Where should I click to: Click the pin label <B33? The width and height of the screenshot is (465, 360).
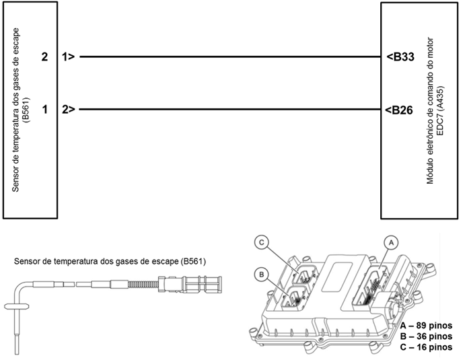[400, 57]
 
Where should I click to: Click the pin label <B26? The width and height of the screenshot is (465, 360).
[400, 108]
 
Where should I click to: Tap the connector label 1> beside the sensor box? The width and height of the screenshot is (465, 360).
[67, 57]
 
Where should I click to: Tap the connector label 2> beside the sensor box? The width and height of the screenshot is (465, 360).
[67, 108]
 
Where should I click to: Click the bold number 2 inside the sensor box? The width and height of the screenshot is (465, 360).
[44, 57]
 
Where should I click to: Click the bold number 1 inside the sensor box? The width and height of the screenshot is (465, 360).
[44, 108]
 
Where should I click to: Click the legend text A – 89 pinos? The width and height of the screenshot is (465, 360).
[426, 325]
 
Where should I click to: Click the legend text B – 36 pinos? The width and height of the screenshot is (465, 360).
[426, 336]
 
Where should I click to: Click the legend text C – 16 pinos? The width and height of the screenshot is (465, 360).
[426, 347]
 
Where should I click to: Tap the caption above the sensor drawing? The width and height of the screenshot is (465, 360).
[110, 261]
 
